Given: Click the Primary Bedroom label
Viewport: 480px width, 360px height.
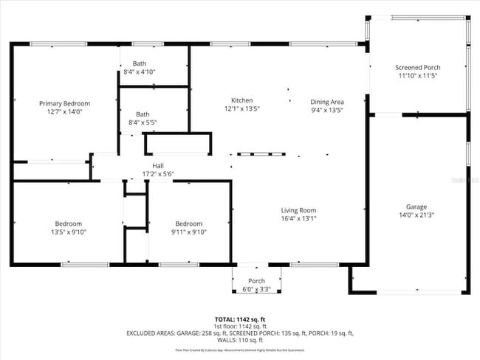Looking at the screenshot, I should coord(64,103).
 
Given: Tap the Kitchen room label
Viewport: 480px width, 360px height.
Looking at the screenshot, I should coord(241,100).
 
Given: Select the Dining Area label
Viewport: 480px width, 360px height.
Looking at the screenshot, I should coord(327,101).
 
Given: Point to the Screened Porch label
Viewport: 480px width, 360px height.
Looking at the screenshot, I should coord(417,67).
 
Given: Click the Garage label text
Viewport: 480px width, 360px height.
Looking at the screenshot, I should coord(416,207).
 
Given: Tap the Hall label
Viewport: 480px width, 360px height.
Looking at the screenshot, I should coord(158,165).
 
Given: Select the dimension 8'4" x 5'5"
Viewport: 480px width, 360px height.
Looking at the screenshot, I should coord(143,122).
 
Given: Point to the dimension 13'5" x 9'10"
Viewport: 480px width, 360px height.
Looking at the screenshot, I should coord(68,232).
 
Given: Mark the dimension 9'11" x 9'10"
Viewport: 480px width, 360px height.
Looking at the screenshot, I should coord(188,232).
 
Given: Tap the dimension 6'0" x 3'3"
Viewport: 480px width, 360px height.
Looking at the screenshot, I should coord(256,289).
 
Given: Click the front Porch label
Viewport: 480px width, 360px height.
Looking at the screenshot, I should coord(256,281).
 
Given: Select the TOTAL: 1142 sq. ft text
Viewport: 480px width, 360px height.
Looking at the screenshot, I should coord(241,319).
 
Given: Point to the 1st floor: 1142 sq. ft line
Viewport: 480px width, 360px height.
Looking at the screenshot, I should coord(241,326).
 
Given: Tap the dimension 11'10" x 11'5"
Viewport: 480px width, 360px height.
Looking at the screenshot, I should coord(417,75).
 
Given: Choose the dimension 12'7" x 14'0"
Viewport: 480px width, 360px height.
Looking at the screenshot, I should coord(64,111).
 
